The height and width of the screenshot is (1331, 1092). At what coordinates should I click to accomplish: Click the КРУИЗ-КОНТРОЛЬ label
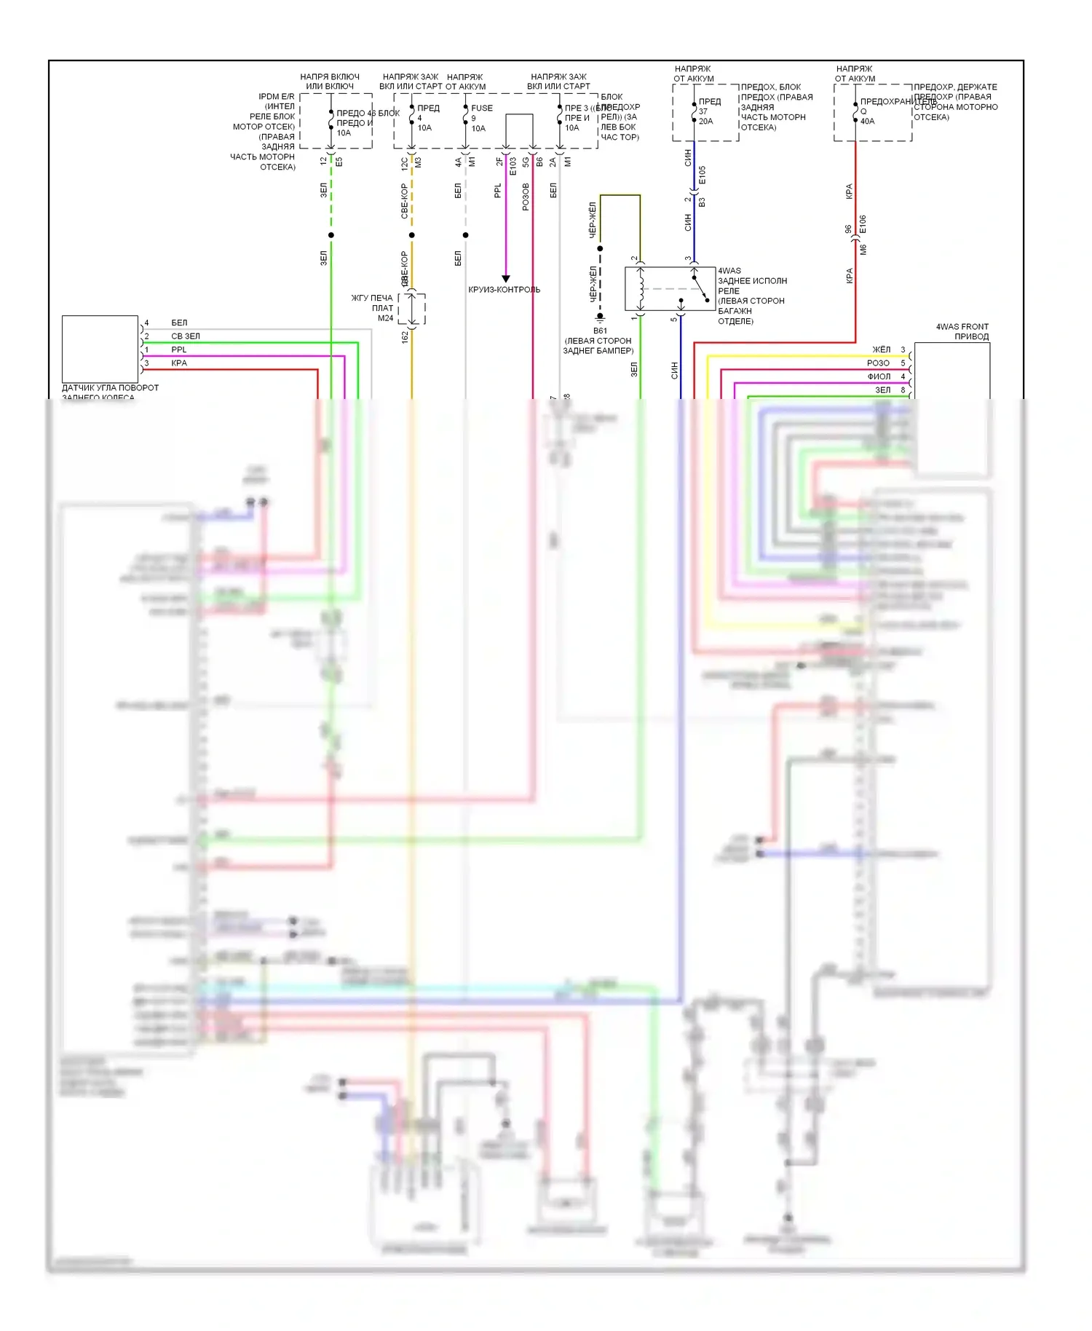(504, 290)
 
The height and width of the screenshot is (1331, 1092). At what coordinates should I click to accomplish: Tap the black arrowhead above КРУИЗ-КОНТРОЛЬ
(506, 279)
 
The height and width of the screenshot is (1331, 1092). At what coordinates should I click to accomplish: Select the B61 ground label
(600, 331)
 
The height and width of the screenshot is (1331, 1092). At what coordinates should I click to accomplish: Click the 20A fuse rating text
(705, 122)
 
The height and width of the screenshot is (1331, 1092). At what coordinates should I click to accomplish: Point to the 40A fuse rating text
(867, 122)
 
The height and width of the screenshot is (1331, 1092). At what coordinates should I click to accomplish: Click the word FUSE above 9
(482, 108)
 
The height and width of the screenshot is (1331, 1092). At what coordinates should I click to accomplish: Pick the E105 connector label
(703, 175)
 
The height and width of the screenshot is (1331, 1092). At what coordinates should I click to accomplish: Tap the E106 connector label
(863, 224)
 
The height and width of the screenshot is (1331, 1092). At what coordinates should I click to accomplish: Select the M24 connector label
(385, 318)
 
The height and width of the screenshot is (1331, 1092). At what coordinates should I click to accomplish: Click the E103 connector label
(513, 166)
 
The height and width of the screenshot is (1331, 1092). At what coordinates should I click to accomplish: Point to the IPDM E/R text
(277, 96)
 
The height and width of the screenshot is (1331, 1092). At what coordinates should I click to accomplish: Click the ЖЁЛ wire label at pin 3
(881, 349)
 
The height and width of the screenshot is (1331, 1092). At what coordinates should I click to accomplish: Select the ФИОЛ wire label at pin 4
(879, 376)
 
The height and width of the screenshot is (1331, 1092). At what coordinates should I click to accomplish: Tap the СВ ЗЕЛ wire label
(186, 336)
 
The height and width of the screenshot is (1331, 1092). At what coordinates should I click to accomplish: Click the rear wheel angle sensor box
(100, 348)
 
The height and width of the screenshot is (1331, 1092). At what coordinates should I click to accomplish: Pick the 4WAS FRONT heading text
(962, 326)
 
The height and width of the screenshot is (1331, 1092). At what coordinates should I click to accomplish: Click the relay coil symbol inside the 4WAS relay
(641, 289)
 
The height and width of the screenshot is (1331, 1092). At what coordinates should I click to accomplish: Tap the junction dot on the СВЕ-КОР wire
(412, 235)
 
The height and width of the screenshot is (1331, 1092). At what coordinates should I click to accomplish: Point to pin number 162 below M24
(405, 336)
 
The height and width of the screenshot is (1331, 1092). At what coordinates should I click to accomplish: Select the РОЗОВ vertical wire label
(526, 197)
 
